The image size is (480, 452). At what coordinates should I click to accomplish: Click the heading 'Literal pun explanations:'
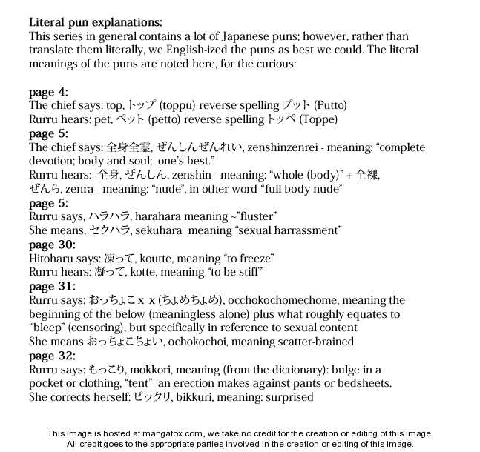tap(95, 22)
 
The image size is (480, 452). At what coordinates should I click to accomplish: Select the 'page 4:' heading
tap(48, 92)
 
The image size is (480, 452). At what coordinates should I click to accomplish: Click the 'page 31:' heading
tap(52, 286)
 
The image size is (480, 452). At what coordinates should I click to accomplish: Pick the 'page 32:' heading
tap(52, 356)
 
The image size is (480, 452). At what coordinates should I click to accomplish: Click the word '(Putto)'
tap(329, 105)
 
